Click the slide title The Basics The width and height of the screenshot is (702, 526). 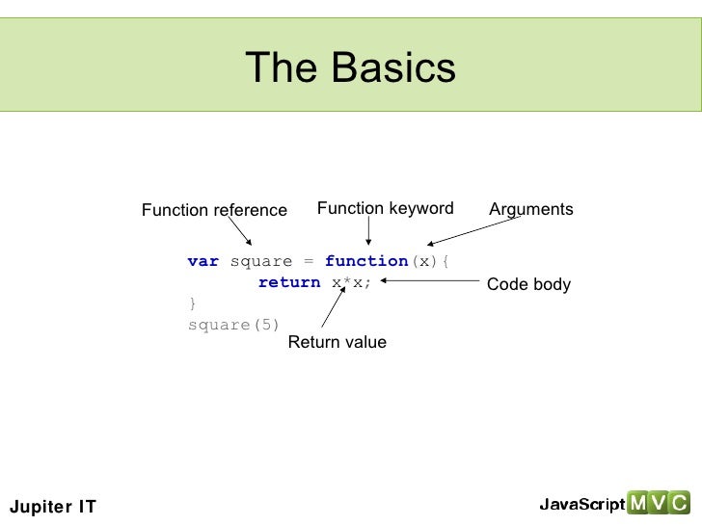[x=350, y=67]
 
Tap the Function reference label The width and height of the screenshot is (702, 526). [x=214, y=210]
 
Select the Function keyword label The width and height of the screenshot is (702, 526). [x=385, y=208]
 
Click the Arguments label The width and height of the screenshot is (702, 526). [x=530, y=209]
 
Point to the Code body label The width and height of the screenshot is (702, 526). [x=528, y=284]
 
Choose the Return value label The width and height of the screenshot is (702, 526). [x=337, y=342]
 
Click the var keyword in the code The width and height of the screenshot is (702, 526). [x=202, y=261]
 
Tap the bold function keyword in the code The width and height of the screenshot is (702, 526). [x=366, y=261]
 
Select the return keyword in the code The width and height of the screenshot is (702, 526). [x=289, y=282]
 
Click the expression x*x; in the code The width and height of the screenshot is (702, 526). [x=352, y=282]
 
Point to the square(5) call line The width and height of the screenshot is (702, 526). [x=233, y=325]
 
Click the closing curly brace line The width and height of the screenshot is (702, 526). [x=192, y=303]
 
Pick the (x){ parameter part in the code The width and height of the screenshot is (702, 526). [x=430, y=261]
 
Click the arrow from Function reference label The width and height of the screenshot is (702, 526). [x=240, y=231]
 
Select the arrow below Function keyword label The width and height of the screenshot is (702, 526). [x=368, y=232]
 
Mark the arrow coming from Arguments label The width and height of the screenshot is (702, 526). [x=472, y=230]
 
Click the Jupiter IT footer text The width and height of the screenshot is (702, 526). [x=52, y=507]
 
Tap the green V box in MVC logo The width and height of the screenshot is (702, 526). [x=659, y=503]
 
